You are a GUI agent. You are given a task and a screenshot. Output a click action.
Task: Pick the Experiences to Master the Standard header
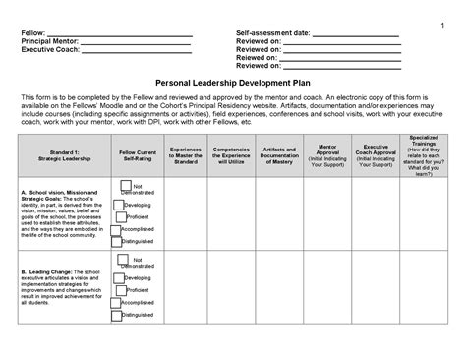pyautogui.click(x=193, y=156)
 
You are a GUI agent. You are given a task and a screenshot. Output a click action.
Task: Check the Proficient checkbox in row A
pyautogui.click(x=118, y=215)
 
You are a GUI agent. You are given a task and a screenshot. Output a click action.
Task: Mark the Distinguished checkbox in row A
pyautogui.click(x=115, y=241)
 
